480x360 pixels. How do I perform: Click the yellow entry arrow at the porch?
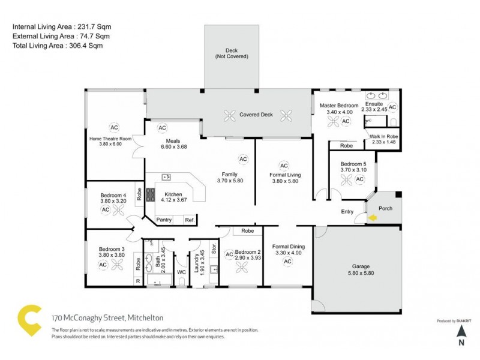[373, 218]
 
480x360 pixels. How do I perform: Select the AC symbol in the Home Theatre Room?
[114, 127]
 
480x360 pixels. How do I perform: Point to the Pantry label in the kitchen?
[164, 220]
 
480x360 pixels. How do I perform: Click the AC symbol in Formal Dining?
[287, 262]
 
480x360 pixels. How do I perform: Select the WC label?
[182, 272]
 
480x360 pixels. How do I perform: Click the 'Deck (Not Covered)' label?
[232, 53]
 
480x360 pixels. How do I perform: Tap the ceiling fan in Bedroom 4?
[119, 210]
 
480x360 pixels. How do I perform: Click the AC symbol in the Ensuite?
[392, 107]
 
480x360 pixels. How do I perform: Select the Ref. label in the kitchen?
[189, 220]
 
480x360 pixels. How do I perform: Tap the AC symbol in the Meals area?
[162, 128]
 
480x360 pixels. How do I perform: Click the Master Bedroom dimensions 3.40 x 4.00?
[340, 112]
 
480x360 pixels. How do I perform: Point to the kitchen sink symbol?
[166, 177]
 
